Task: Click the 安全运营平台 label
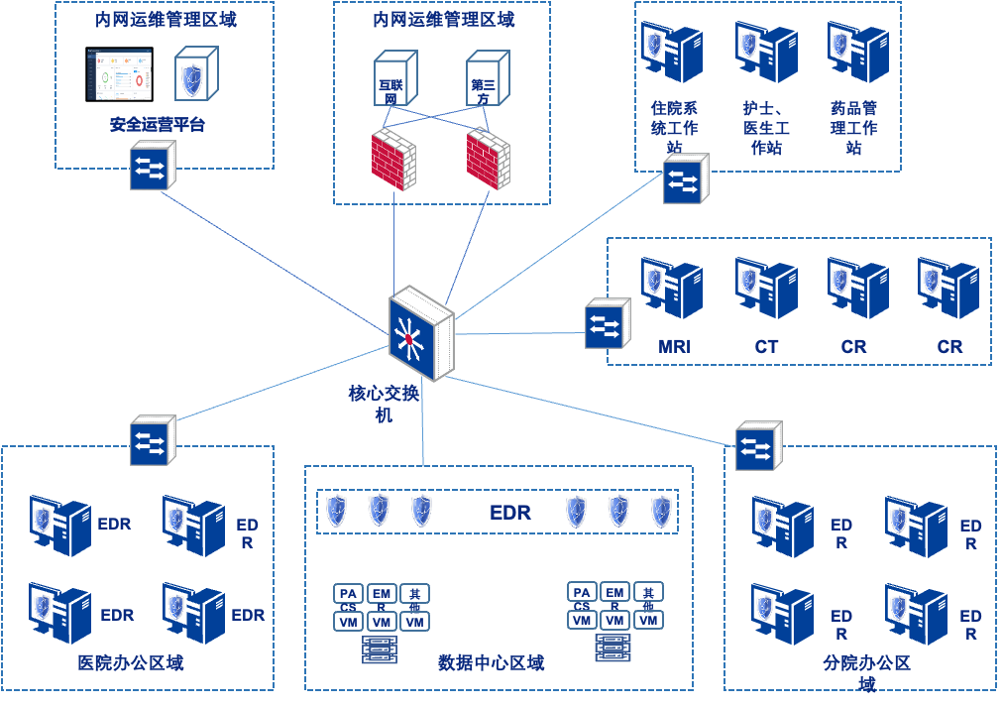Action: click(x=158, y=125)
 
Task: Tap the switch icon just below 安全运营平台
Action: click(x=152, y=166)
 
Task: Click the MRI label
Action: click(x=674, y=347)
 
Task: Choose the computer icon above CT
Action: click(x=766, y=288)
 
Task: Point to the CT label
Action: click(x=766, y=347)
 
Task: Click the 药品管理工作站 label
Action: click(x=854, y=127)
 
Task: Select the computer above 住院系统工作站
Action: click(x=671, y=52)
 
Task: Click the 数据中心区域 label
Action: click(x=492, y=662)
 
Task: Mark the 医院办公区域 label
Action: click(x=131, y=662)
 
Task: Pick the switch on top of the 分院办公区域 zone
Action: click(x=758, y=447)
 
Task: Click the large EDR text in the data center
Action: click(x=510, y=513)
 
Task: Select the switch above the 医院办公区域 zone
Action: click(x=152, y=441)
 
